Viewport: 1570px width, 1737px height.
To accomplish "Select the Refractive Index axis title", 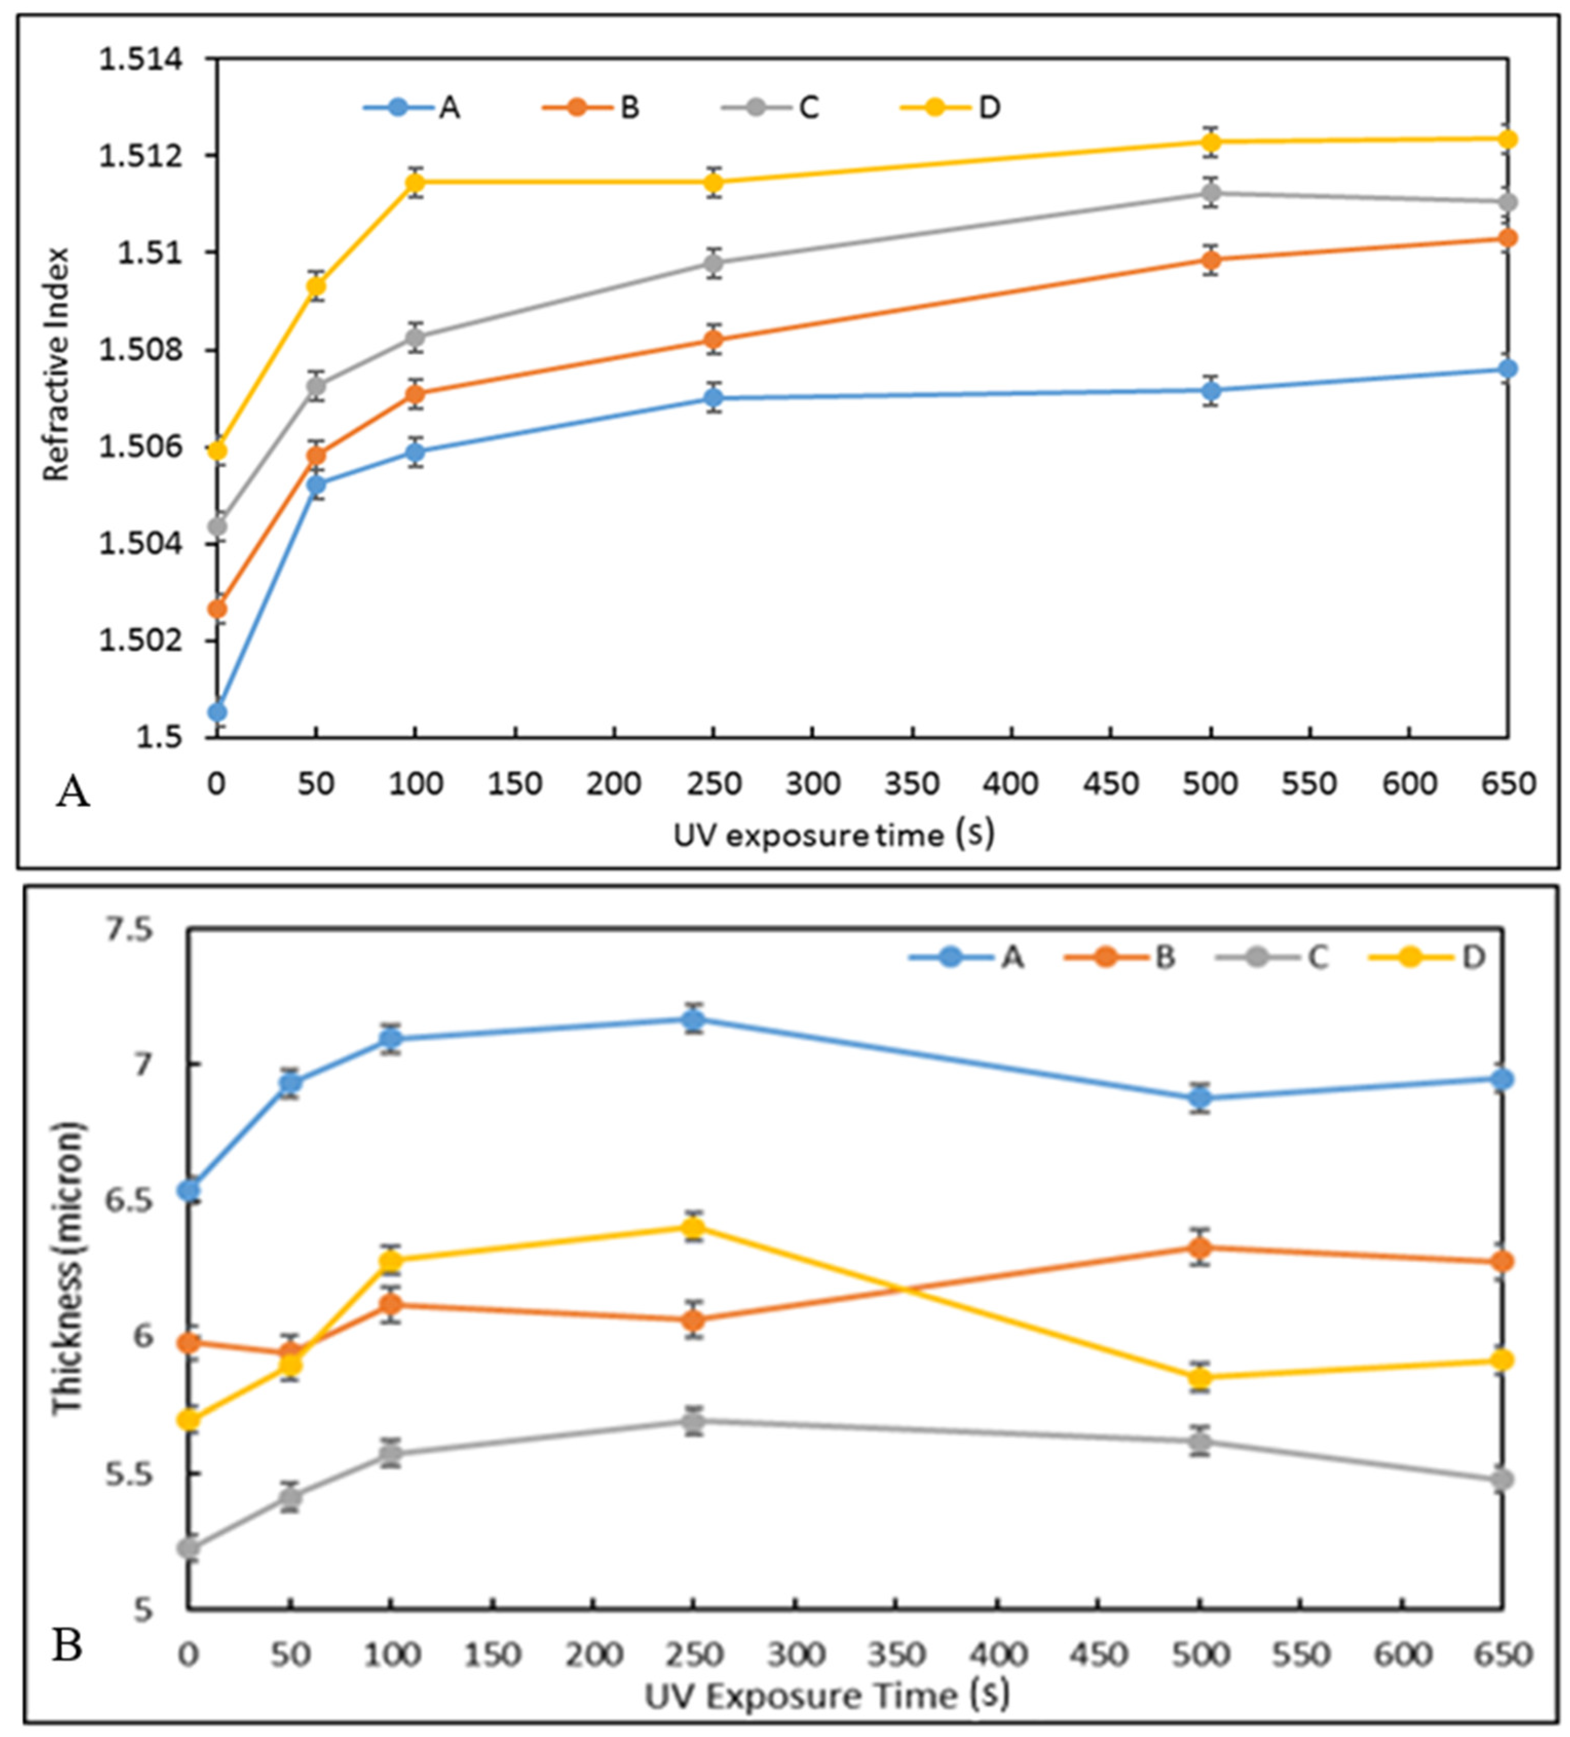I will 56,364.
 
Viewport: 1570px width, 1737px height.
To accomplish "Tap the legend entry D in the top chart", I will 989,108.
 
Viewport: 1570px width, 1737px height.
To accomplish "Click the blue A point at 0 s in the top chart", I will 218,712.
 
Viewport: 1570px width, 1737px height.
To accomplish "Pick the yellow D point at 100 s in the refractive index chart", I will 415,182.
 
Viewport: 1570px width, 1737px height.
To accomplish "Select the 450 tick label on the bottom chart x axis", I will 1101,1655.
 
